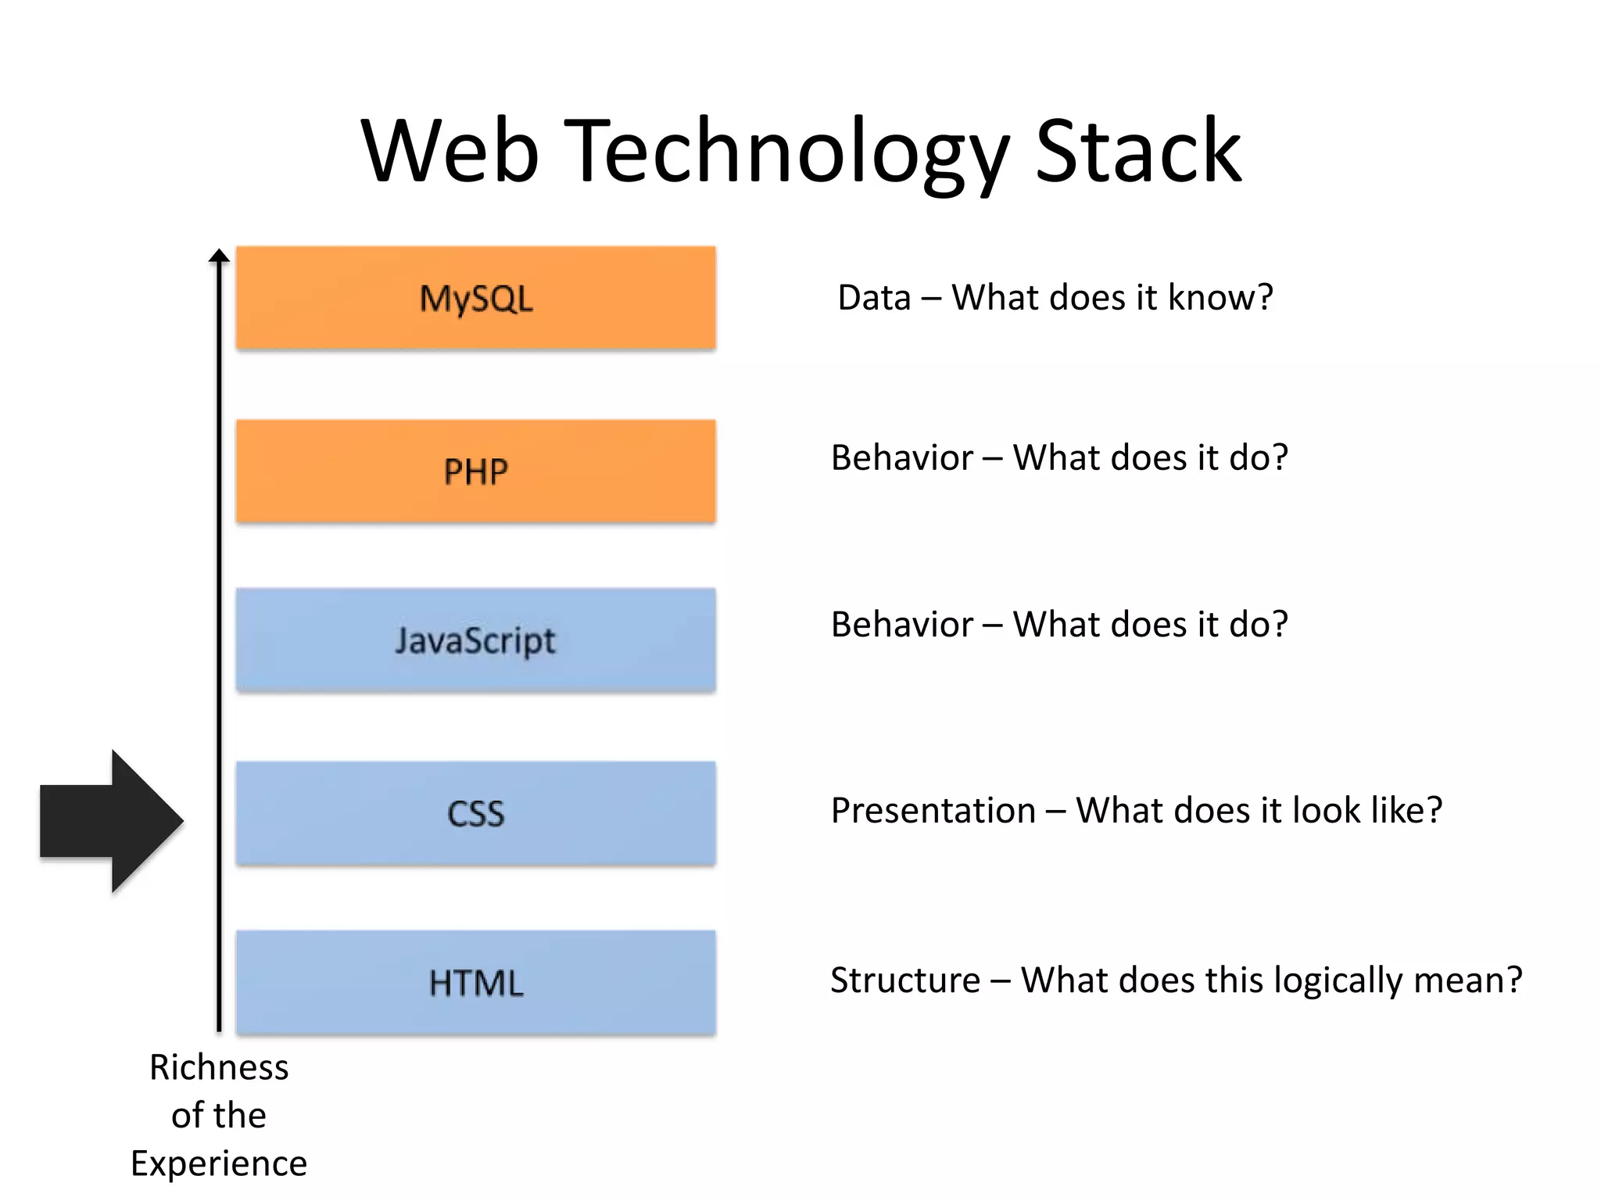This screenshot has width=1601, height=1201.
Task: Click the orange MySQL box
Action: pyautogui.click(x=475, y=298)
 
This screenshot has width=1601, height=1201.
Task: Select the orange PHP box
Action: pyautogui.click(x=475, y=471)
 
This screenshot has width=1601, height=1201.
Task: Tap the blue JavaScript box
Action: pyautogui.click(x=475, y=640)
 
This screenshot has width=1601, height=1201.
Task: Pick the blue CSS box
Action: pyautogui.click(x=475, y=813)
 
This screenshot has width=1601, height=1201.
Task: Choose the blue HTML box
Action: pyautogui.click(x=475, y=983)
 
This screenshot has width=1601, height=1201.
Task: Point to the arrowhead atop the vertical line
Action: pyautogui.click(x=220, y=256)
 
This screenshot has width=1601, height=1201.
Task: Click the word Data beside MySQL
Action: pyautogui.click(x=874, y=298)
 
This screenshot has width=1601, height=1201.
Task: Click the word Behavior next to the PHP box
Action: pyautogui.click(x=901, y=458)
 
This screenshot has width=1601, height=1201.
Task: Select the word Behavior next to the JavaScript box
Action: pyautogui.click(x=901, y=625)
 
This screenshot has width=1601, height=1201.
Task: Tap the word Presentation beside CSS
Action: pyautogui.click(x=933, y=811)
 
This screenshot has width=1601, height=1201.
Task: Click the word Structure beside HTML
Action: pyautogui.click(x=904, y=981)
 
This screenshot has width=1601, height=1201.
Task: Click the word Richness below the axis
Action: pyautogui.click(x=219, y=1068)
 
